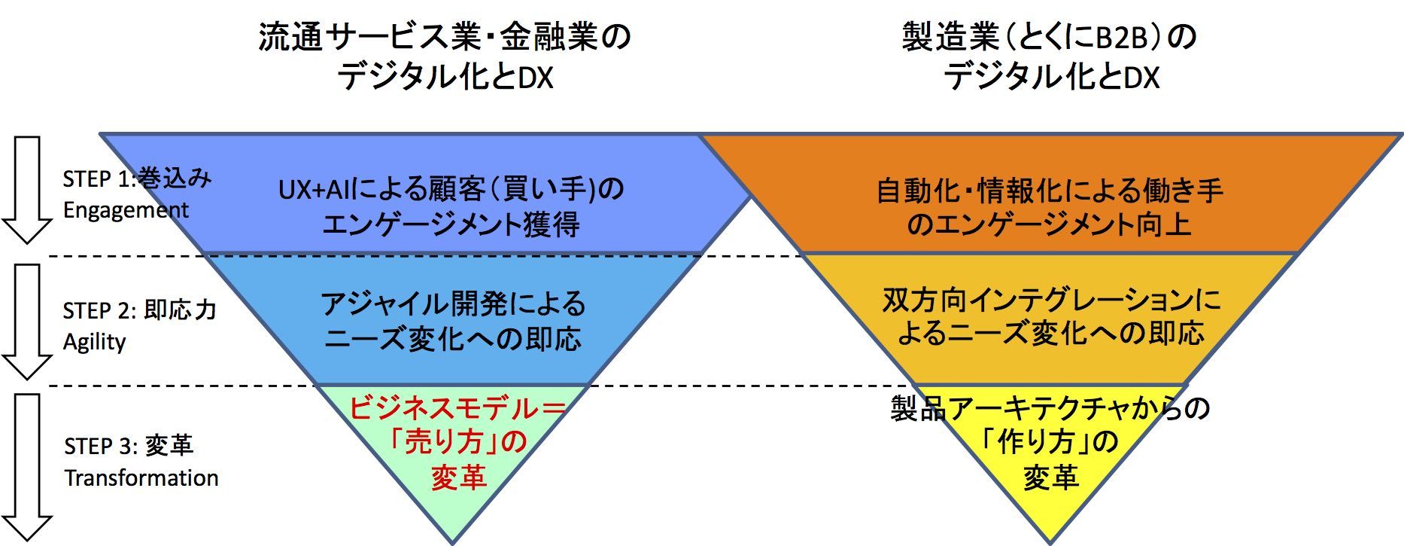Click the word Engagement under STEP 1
click(x=126, y=210)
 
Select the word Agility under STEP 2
click(x=94, y=342)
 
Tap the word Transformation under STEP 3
click(x=141, y=477)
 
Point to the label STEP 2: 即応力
click(x=140, y=310)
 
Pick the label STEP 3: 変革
click(x=129, y=446)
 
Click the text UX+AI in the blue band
click(x=315, y=190)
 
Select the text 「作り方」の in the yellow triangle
click(x=1050, y=442)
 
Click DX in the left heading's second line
click(x=536, y=78)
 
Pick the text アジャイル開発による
click(x=453, y=304)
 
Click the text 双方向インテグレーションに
click(x=1051, y=300)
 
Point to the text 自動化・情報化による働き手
click(x=1050, y=191)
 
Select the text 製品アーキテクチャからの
click(x=1050, y=408)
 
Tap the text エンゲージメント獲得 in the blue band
click(x=451, y=224)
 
